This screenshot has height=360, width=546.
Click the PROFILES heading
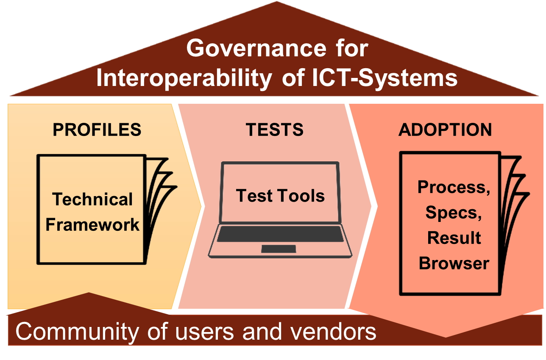pyautogui.click(x=97, y=130)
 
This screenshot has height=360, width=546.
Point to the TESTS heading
pyautogui.click(x=275, y=130)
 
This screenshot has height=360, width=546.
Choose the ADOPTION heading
pyautogui.click(x=445, y=130)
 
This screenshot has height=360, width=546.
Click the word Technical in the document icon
pyautogui.click(x=92, y=199)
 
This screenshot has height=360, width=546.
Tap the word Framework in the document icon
pyautogui.click(x=92, y=224)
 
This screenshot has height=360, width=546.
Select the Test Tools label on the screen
pyautogui.click(x=280, y=196)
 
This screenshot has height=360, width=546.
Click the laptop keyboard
pyautogui.click(x=280, y=234)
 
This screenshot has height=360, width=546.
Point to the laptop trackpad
pyautogui.click(x=279, y=249)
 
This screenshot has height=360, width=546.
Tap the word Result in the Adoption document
pyautogui.click(x=454, y=238)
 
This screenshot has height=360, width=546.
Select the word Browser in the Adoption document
pyautogui.click(x=454, y=263)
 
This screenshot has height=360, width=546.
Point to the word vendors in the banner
pyautogui.click(x=329, y=332)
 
